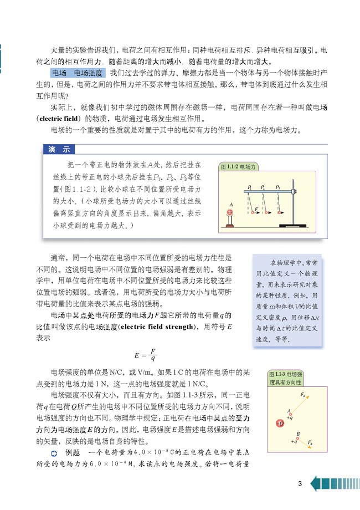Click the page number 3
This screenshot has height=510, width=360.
(300, 484)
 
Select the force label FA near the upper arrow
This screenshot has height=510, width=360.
(302, 394)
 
